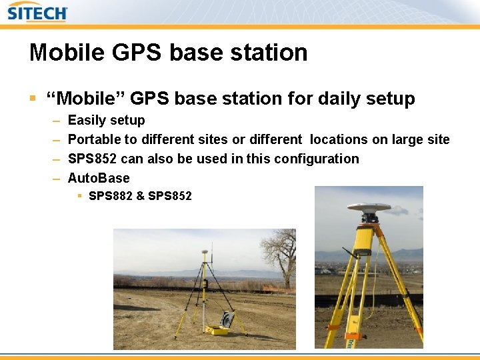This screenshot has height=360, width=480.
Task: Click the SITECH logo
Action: click(37, 12)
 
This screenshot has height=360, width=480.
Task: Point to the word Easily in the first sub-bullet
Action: click(87, 121)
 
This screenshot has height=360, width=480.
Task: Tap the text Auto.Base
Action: click(99, 179)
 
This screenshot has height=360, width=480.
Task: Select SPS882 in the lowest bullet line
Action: click(110, 196)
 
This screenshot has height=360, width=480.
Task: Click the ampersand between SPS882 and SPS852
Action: click(140, 196)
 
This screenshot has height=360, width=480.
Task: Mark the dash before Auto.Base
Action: click(55, 179)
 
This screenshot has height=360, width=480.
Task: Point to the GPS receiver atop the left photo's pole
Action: click(203, 255)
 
